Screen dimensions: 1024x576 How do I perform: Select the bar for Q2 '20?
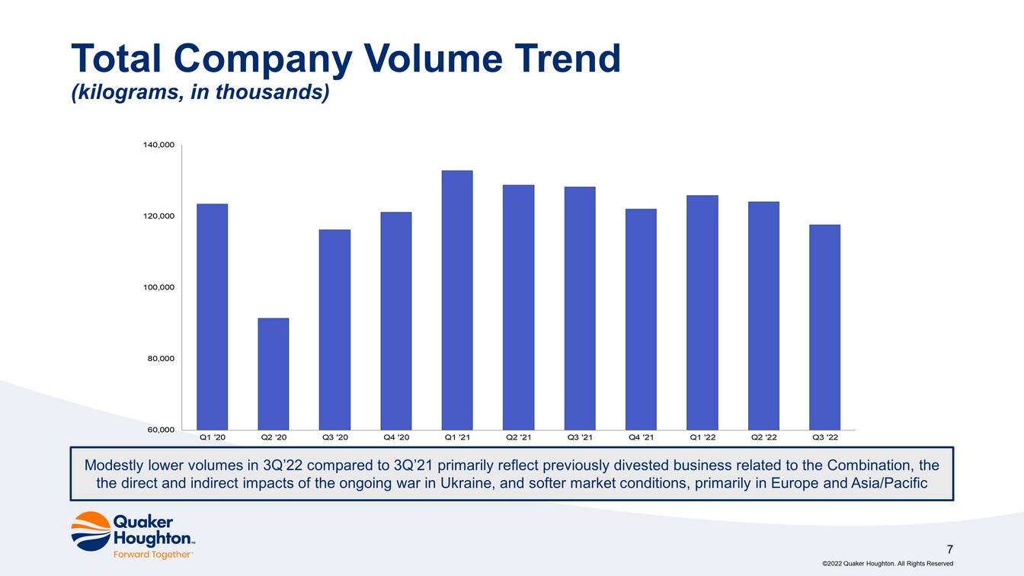point(274,374)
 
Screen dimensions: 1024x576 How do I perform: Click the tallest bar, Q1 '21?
point(457,300)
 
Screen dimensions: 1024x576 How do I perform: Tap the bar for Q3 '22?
point(824,328)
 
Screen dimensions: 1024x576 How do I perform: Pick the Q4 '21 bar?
point(641,319)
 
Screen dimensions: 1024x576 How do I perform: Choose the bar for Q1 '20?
point(212,317)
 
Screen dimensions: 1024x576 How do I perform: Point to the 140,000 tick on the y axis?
point(159,145)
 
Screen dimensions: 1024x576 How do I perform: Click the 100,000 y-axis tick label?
point(159,287)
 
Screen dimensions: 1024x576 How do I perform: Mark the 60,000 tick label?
point(161,430)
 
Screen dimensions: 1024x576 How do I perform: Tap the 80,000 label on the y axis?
point(161,359)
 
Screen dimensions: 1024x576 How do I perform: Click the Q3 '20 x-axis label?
point(335,437)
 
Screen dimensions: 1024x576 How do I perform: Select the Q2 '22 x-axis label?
point(764,437)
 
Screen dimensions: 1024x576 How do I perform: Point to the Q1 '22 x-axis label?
point(702,437)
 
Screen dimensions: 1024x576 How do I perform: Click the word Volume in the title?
point(433,59)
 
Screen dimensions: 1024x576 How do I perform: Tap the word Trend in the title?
point(568,59)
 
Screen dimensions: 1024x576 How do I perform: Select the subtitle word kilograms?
point(128,92)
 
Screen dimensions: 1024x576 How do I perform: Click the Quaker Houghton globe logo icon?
point(91,531)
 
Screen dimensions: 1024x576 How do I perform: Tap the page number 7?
point(950,549)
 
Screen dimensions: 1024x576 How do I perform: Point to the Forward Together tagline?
point(152,555)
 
